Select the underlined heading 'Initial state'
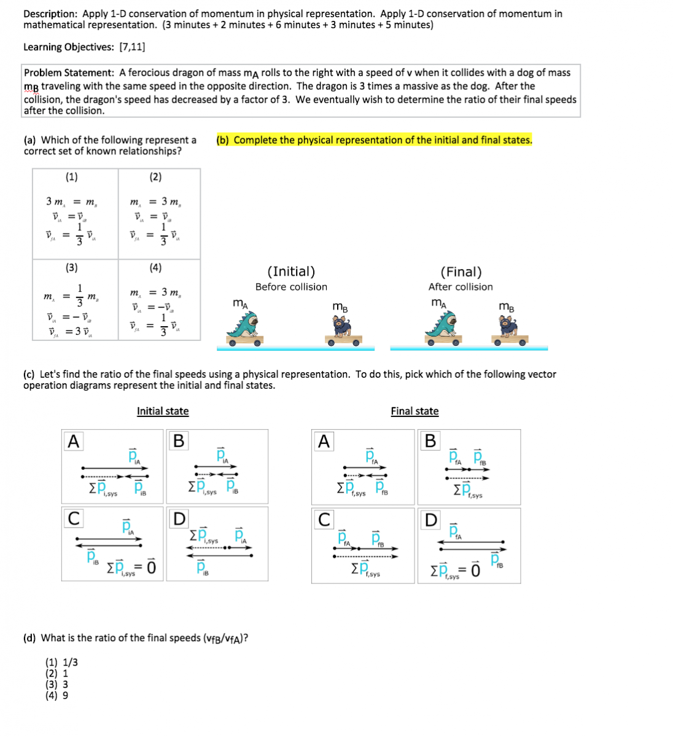pyautogui.click(x=163, y=411)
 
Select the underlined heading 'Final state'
pyautogui.click(x=414, y=411)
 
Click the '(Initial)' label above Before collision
pyautogui.click(x=291, y=271)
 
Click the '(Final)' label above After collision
pyautogui.click(x=461, y=271)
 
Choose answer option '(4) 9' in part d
pyautogui.click(x=57, y=695)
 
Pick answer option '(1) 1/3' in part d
pyautogui.click(x=61, y=662)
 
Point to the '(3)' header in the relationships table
pyautogui.click(x=72, y=267)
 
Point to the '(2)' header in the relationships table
pyautogui.click(x=155, y=177)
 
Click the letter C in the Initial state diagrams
pyautogui.click(x=73, y=519)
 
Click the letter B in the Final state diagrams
pyautogui.click(x=430, y=441)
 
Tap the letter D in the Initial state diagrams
pyautogui.click(x=179, y=519)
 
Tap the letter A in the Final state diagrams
pyautogui.click(x=324, y=441)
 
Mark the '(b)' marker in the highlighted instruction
pyautogui.click(x=222, y=140)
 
